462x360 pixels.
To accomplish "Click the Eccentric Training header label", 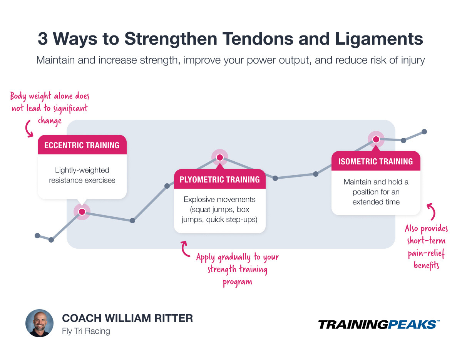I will [x=82, y=145].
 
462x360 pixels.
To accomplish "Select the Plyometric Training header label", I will [x=219, y=179].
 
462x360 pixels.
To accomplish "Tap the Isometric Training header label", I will [x=375, y=161].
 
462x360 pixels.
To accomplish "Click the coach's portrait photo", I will [x=39, y=323].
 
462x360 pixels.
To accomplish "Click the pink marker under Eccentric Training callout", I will [x=82, y=212].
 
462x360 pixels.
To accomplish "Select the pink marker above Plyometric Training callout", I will [x=219, y=157].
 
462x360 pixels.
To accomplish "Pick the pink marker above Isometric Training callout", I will [x=376, y=139].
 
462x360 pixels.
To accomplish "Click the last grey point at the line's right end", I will [x=424, y=131].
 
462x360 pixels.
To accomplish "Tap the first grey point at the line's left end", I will [x=37, y=235].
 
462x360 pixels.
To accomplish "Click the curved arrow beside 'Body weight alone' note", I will [x=29, y=129].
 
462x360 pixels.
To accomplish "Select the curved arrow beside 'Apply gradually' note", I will [x=185, y=249].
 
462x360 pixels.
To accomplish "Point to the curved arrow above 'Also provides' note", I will [x=432, y=211].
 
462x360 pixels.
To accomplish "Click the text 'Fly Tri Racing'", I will [x=86, y=331].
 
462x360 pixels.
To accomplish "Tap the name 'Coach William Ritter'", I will [x=127, y=318].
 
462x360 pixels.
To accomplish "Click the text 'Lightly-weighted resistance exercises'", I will [x=82, y=175].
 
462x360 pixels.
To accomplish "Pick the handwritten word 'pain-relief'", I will [x=426, y=253].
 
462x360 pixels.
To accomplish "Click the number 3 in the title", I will [x=43, y=39].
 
